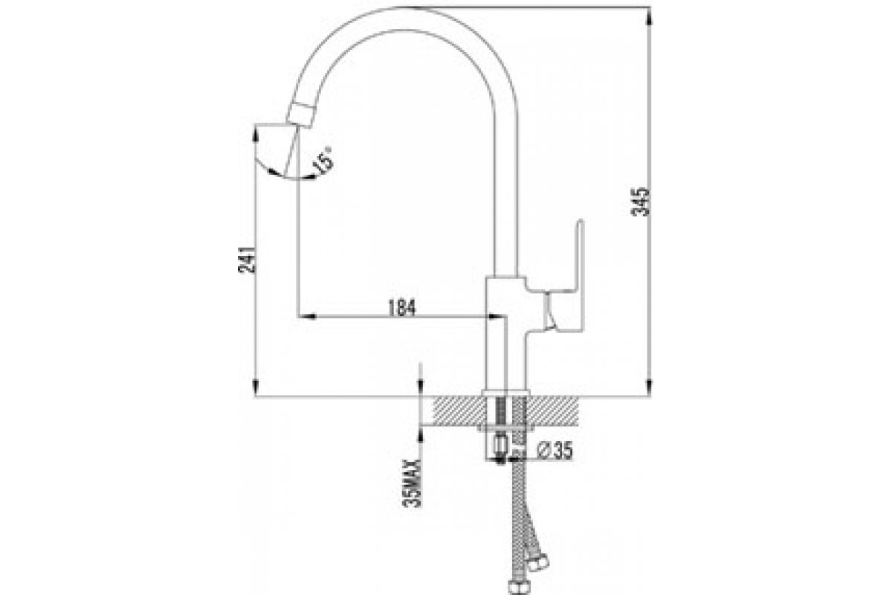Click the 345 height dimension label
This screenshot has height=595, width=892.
[641, 202]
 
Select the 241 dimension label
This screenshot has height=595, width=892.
[247, 260]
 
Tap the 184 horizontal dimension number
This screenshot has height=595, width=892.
[401, 308]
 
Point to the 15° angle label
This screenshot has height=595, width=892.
[323, 161]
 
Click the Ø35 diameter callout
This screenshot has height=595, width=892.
[555, 451]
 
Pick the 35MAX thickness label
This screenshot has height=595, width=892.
[412, 483]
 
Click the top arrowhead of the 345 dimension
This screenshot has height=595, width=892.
[649, 17]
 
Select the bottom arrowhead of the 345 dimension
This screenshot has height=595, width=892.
[649, 387]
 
